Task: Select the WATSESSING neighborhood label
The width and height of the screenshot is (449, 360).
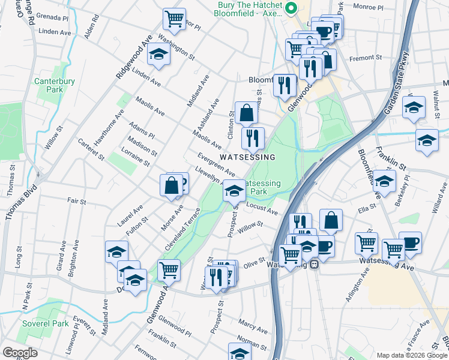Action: point(247,157)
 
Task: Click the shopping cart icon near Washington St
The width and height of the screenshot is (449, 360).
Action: point(174,19)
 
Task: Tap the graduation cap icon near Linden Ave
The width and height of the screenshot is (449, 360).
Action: point(159,55)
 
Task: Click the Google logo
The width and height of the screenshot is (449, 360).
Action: point(20,353)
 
